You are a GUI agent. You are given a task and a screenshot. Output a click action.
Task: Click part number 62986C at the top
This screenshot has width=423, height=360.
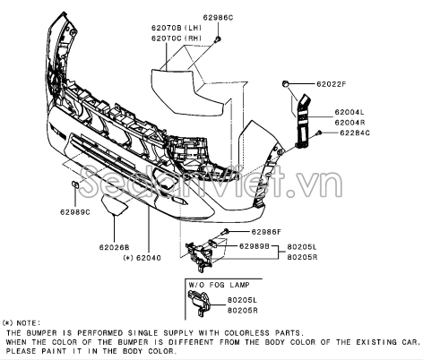(x=218, y=18)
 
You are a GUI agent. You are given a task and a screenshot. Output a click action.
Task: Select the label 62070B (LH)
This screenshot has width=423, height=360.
(x=177, y=28)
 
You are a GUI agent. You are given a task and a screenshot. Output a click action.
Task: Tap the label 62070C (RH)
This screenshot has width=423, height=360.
(x=177, y=39)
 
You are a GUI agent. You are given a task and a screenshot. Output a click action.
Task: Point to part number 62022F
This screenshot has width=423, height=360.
(x=332, y=84)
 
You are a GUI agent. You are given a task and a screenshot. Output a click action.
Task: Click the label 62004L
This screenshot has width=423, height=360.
(x=350, y=112)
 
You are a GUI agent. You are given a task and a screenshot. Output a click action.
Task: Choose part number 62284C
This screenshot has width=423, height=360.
(x=355, y=133)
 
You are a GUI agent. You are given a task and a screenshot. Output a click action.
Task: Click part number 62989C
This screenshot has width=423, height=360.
(x=75, y=212)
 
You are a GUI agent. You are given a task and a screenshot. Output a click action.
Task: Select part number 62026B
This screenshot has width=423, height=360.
(x=115, y=247)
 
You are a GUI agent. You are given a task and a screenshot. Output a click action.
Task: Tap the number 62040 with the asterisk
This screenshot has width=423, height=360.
(x=142, y=258)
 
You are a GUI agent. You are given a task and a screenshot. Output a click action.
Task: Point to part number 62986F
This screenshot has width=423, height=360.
(x=266, y=232)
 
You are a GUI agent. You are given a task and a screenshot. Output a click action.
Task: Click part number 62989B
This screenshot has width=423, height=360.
(x=255, y=246)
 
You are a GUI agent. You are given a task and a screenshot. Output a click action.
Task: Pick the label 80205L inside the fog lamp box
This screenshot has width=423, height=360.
(x=242, y=300)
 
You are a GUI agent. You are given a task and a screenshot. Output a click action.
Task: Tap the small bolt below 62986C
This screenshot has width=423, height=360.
(x=218, y=39)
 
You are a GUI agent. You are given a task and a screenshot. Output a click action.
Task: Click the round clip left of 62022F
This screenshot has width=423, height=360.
(x=285, y=84)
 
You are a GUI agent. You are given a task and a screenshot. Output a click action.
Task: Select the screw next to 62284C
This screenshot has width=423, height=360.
(x=319, y=133)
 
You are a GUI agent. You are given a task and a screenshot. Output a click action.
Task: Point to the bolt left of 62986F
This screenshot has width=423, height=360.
(x=225, y=231)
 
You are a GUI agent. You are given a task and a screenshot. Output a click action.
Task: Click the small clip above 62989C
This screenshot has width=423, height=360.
(x=74, y=184)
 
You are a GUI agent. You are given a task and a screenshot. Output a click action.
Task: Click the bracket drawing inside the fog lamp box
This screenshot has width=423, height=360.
(x=199, y=303)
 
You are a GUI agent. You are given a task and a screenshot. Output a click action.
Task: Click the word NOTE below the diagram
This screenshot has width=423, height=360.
(x=29, y=323)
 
